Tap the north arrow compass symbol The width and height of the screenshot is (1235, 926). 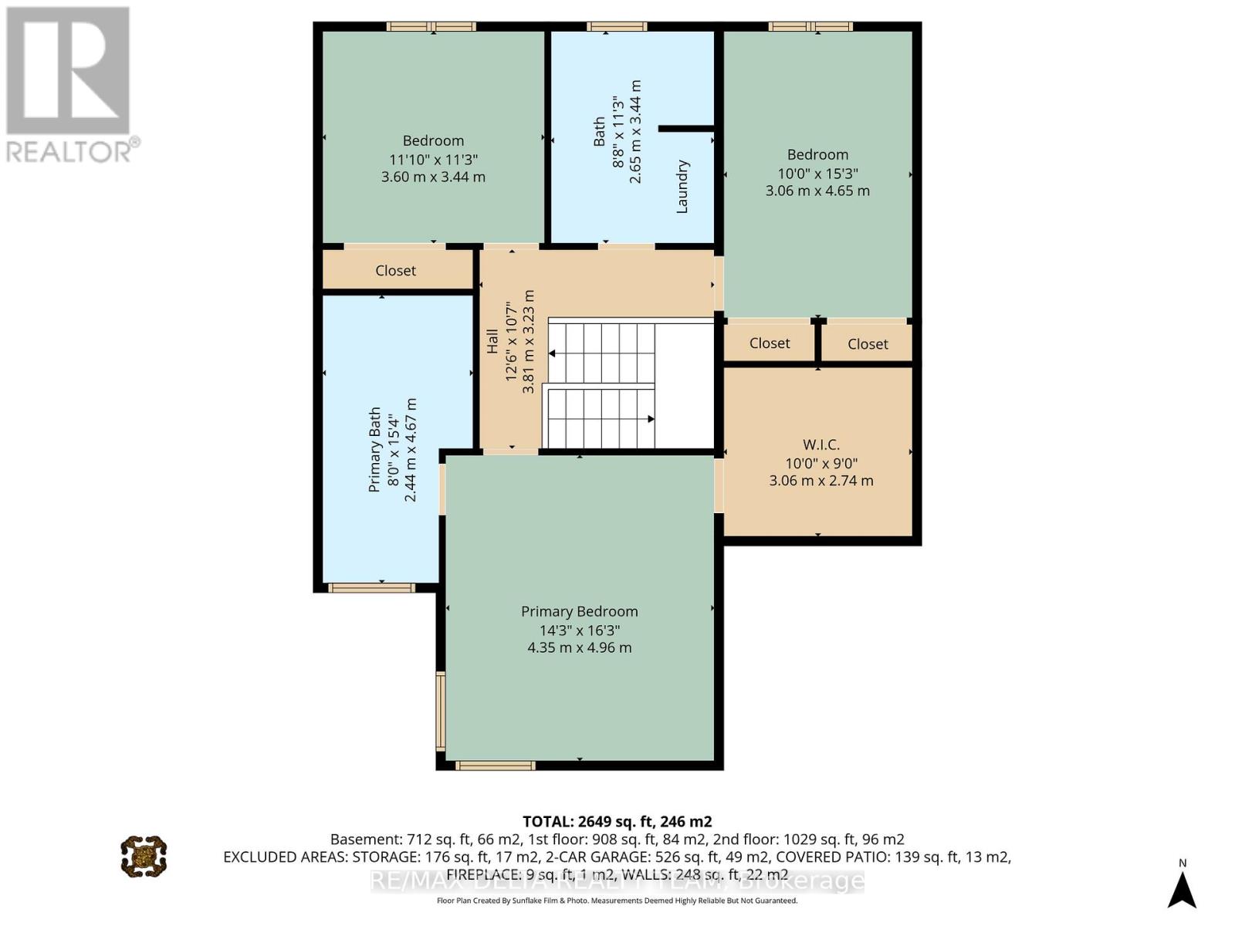[1182, 889]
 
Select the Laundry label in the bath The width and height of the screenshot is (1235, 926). [682, 187]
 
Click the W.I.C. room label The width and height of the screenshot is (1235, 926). [821, 444]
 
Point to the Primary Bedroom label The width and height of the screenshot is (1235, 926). [579, 611]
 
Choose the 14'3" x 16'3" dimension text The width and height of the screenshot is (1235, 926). [579, 630]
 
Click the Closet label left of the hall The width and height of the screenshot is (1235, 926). [395, 270]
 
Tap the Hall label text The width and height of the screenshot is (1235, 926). [492, 341]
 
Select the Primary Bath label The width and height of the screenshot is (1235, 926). [375, 449]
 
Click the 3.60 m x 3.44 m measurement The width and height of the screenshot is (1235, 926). [433, 177]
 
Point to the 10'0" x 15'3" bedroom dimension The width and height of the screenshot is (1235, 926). [817, 173]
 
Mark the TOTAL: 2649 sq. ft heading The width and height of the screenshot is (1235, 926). [617, 821]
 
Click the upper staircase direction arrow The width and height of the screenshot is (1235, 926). [553, 353]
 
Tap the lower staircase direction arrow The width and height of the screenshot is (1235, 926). [650, 419]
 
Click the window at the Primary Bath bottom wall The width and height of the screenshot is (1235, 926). [371, 588]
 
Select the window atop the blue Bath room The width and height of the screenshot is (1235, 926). [616, 27]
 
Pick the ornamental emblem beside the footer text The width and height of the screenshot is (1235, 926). [144, 856]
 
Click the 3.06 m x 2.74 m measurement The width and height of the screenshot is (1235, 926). [821, 481]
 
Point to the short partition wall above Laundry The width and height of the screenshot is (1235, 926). [685, 129]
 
